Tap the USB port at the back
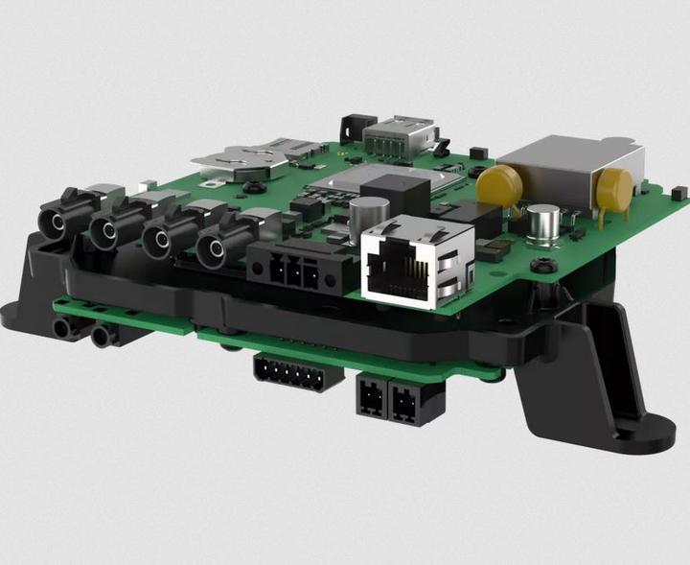tap(400, 133)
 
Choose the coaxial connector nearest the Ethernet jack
tap(215, 250)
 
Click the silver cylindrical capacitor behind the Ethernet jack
tap(369, 214)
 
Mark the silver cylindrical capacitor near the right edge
tap(543, 223)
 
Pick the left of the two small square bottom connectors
tap(369, 396)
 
